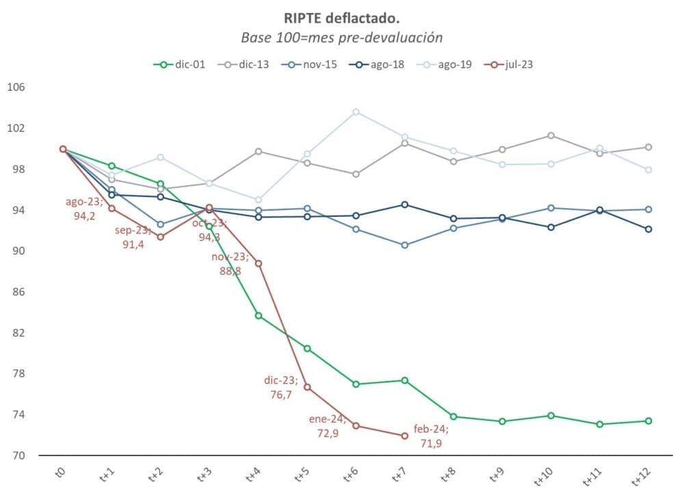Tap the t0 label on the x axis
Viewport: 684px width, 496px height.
[60, 473]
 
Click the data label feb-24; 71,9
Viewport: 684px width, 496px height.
[431, 436]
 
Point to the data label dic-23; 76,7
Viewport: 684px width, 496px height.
[281, 387]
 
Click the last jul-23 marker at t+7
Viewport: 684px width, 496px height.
[405, 436]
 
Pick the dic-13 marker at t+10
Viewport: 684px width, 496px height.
[551, 135]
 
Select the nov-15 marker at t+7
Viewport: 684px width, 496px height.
[405, 245]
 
